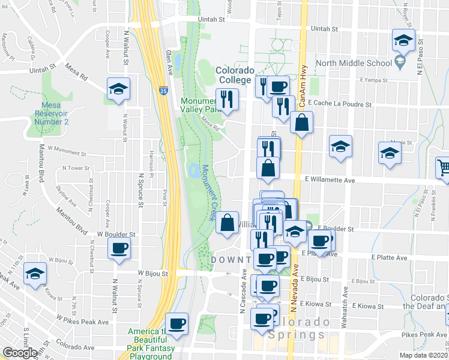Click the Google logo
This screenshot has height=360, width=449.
pos(20,353)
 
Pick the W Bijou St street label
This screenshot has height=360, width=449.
pos(154,272)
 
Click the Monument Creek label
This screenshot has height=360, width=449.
pos(208,192)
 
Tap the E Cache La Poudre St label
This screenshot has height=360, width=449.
pos(340,103)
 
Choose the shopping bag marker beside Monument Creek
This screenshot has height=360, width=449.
pos(228,223)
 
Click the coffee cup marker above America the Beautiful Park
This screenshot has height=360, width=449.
pos(176,324)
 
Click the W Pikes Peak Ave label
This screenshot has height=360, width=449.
pos(82,319)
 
